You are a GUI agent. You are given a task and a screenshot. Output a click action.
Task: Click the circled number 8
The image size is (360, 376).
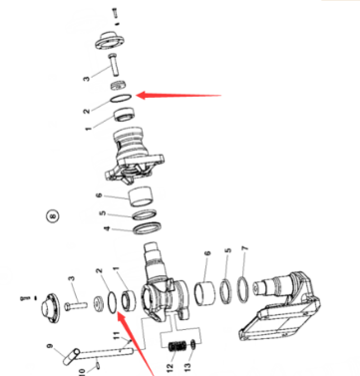pyautogui.click(x=52, y=216)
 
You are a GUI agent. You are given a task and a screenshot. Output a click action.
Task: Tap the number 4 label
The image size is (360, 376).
pyautogui.click(x=107, y=228)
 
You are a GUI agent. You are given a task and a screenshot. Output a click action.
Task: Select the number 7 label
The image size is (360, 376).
pyautogui.click(x=245, y=248)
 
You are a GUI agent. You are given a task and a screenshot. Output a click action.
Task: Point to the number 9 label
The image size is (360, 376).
pyautogui.click(x=50, y=346)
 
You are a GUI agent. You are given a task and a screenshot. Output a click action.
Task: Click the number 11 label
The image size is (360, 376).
pyautogui.click(x=116, y=335)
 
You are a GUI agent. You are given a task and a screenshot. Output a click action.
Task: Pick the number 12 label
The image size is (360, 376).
pyautogui.click(x=171, y=367)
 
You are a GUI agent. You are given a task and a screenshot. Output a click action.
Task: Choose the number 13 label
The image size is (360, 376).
pyautogui.click(x=187, y=367)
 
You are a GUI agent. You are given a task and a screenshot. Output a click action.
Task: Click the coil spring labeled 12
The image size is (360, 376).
pyautogui.click(x=177, y=347)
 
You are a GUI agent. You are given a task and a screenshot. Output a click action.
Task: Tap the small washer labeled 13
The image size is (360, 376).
pyautogui.click(x=193, y=345)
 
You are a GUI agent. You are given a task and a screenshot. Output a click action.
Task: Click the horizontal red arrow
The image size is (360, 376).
pyautogui.click(x=179, y=96)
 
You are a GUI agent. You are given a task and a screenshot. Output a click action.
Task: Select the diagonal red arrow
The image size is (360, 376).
pyautogui.click(x=136, y=344)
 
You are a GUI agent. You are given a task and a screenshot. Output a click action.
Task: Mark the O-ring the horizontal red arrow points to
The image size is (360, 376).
pyautogui.click(x=121, y=100)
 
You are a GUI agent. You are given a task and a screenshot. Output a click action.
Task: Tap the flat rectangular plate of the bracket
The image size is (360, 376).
pyautogui.click(x=276, y=325)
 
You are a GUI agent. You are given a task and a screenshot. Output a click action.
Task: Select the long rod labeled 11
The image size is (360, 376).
pyautogui.click(x=106, y=351)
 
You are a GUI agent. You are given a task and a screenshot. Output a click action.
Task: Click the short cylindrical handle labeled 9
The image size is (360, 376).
pyautogui.click(x=71, y=356)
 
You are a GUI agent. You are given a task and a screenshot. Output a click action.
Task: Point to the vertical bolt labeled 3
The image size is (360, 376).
pyautogui.click(x=114, y=64)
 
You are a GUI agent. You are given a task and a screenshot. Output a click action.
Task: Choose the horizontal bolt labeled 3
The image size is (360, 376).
pyautogui.click(x=76, y=305)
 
